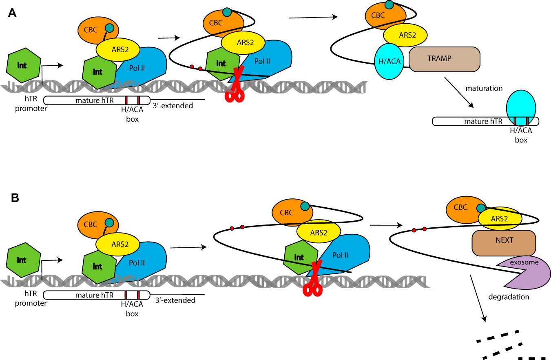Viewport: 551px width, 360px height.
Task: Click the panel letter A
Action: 13,13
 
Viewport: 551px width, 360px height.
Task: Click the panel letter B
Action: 14,198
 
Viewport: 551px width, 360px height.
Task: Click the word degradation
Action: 509,297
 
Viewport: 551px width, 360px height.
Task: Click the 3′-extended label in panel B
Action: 176,300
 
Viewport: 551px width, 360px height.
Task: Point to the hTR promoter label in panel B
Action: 31,299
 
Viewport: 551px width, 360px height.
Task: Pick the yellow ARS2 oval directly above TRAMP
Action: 405,35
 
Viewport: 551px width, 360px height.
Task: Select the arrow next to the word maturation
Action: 459,93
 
